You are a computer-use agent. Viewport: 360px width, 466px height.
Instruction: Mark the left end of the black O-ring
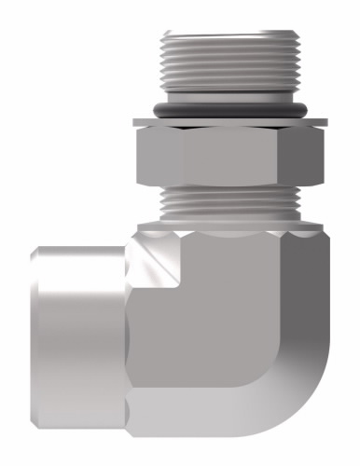[x=160, y=108]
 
